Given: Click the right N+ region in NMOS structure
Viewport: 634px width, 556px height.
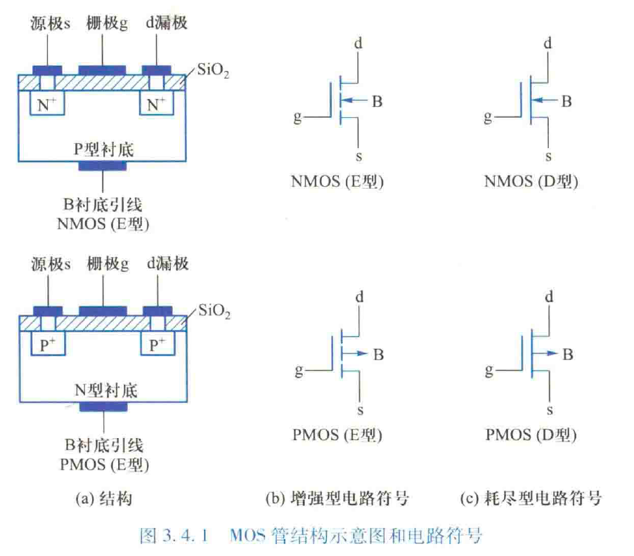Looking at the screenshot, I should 157,105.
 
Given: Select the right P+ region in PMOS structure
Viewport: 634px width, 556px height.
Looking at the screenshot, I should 157,344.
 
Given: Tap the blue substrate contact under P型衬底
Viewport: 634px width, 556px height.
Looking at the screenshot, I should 103,166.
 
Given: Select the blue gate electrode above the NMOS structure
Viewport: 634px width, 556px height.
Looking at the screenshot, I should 103,69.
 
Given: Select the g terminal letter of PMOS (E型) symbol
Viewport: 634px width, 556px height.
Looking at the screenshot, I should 299,369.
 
